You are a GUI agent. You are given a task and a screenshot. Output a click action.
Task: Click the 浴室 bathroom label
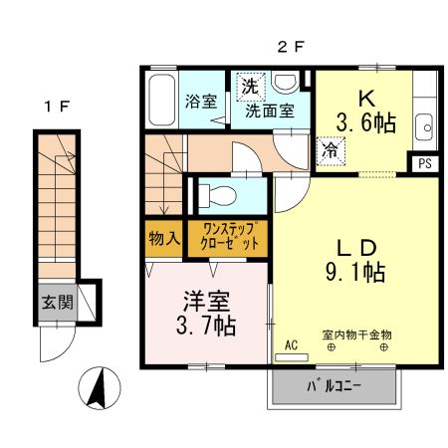(202, 101)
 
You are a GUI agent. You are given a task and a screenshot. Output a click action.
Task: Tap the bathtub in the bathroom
(160, 101)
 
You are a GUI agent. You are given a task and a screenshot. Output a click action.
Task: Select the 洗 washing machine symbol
(250, 88)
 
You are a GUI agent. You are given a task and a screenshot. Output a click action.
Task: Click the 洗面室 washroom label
(270, 111)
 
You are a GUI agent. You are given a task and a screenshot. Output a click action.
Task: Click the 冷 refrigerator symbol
(329, 150)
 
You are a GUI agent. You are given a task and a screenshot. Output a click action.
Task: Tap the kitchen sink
(425, 126)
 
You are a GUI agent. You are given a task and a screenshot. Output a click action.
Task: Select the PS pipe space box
(426, 163)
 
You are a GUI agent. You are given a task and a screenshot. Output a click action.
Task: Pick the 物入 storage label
(163, 239)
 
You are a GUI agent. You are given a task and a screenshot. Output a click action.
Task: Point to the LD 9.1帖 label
(357, 258)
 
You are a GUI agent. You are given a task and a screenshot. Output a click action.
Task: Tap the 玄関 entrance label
(57, 302)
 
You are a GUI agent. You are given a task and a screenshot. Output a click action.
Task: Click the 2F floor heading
(289, 46)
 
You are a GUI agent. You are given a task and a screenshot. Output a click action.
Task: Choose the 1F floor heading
(57, 105)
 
